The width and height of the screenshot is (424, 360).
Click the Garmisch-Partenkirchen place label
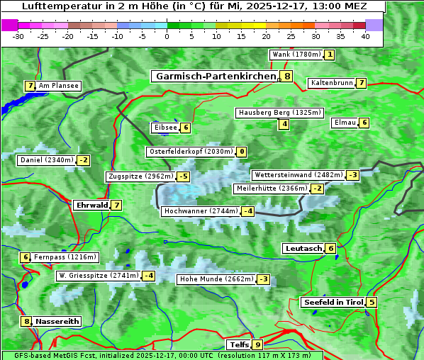click(214, 76)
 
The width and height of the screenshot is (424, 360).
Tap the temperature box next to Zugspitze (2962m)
click(184, 176)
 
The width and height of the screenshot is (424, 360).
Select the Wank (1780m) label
click(296, 55)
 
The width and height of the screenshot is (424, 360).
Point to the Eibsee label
click(164, 128)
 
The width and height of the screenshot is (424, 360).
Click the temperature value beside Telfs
click(257, 345)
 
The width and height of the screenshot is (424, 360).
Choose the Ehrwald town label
click(91, 206)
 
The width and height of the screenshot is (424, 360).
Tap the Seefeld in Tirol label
click(333, 303)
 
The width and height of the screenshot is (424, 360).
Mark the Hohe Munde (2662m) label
click(216, 279)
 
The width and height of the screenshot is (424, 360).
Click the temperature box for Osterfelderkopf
click(242, 152)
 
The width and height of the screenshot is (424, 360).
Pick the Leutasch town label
click(303, 249)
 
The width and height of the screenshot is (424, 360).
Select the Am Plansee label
click(58, 86)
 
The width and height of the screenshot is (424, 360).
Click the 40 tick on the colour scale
click(365, 36)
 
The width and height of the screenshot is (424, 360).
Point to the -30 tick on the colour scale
click(18, 36)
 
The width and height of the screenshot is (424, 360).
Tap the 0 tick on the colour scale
click(167, 36)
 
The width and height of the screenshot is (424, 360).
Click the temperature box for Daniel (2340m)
click(84, 160)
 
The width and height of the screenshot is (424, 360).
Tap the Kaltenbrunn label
click(331, 83)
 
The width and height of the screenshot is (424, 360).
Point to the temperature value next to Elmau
click(364, 123)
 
